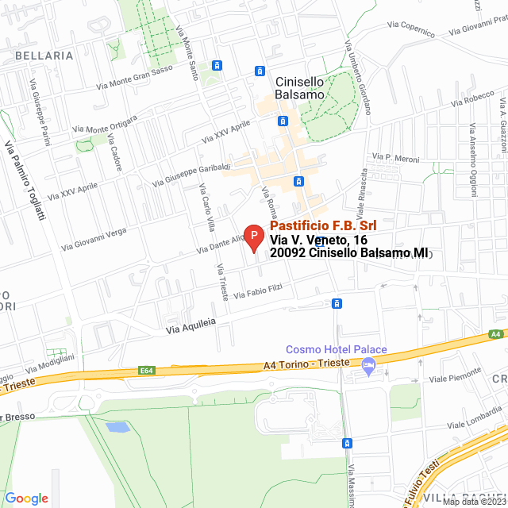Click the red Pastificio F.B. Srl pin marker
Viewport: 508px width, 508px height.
[252, 237]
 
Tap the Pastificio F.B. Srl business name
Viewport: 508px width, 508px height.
[317, 226]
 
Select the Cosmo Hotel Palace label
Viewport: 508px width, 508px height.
[336, 350]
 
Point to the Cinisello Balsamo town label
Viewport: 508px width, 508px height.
[300, 87]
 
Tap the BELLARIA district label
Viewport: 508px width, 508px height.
[44, 56]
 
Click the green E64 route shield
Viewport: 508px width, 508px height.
[146, 370]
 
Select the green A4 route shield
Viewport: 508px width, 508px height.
[496, 334]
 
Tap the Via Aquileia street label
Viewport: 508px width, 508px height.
[191, 325]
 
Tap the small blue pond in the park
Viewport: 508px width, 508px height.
[117, 427]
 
